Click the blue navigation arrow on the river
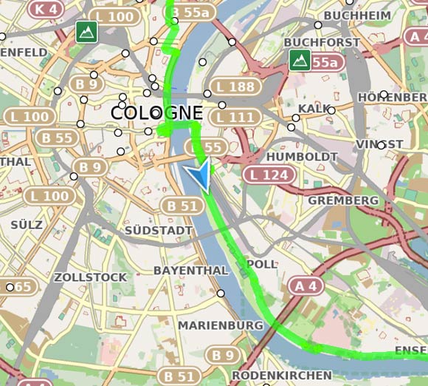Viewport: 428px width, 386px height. point(198,177)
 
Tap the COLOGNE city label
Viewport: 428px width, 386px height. point(156,112)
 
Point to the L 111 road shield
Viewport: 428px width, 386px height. point(235,117)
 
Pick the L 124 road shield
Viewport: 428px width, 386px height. point(269,175)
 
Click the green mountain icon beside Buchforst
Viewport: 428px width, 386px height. point(299,61)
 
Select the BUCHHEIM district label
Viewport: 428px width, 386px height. point(357,16)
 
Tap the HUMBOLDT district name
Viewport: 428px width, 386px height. point(302,157)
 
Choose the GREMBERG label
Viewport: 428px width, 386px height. point(342,200)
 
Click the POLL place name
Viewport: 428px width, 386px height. point(262,264)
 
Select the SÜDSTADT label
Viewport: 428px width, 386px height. point(159,231)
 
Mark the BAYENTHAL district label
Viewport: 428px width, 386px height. point(190,271)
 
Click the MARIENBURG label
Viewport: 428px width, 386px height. point(220,325)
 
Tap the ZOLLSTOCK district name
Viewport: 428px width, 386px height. point(90,277)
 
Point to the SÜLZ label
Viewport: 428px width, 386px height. point(27,223)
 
